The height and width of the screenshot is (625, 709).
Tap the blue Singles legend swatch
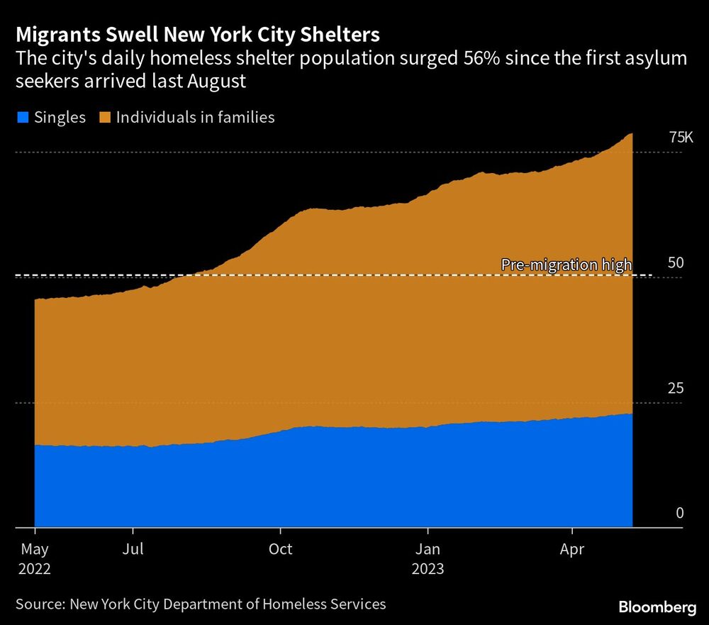click(x=23, y=117)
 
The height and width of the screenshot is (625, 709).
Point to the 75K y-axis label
click(x=681, y=137)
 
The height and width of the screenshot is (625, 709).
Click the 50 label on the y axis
click(x=676, y=262)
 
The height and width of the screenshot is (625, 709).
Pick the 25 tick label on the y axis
click(x=676, y=388)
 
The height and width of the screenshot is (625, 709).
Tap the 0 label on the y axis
click(x=679, y=513)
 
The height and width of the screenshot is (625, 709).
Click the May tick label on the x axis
click(x=35, y=549)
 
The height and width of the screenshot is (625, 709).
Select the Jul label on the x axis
click(x=133, y=549)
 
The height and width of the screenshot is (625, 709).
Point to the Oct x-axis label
click(x=281, y=549)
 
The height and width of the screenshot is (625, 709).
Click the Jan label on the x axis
click(x=428, y=549)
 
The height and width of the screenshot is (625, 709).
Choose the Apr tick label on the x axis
click(x=572, y=549)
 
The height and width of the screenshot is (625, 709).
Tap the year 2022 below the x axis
click(x=35, y=569)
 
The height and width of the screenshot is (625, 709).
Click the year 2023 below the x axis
click(x=428, y=569)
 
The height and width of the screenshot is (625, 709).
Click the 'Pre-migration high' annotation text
click(x=566, y=265)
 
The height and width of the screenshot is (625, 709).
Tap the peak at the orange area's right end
click(x=631, y=135)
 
